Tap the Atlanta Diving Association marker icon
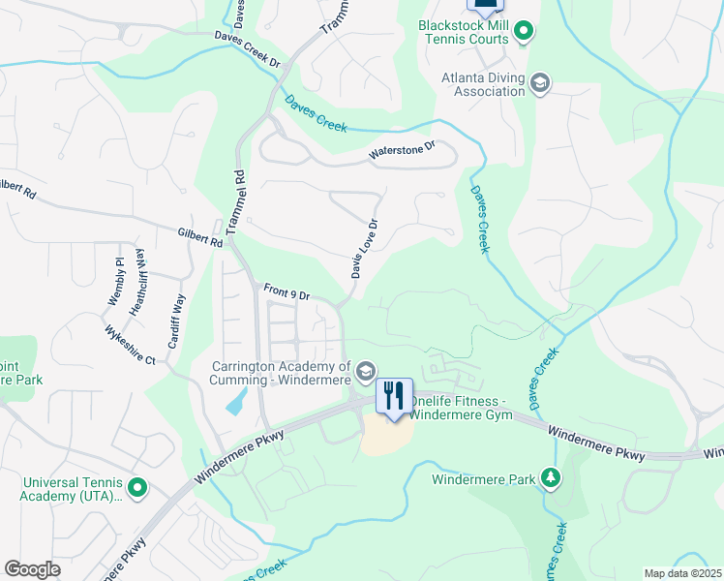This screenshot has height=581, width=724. (x=540, y=84)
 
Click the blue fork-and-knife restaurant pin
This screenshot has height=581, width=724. (x=394, y=396)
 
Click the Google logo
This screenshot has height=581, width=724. (x=32, y=569)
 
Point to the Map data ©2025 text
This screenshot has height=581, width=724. (x=681, y=573)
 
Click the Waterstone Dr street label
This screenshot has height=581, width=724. (x=403, y=152)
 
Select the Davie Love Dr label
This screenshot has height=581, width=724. (x=365, y=249)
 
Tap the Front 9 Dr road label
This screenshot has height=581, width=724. (x=287, y=292)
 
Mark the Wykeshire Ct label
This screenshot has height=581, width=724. (x=131, y=344)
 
